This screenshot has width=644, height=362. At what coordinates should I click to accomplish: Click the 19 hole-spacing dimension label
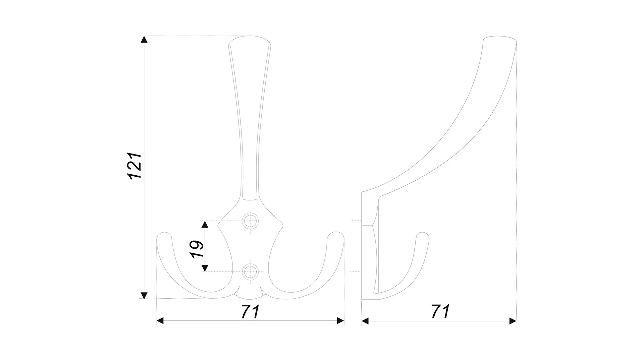point(197,249)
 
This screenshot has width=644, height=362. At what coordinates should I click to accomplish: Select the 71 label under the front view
point(250,311)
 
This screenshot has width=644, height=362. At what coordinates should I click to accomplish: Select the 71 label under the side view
point(440,311)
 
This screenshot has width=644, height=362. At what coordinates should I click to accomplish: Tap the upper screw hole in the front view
point(250,221)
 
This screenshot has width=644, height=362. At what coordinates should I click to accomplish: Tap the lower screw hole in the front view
point(250,271)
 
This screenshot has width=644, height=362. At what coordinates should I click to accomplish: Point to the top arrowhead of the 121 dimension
point(144,39)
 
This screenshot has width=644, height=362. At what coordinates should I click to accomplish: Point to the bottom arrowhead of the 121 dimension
point(144,295)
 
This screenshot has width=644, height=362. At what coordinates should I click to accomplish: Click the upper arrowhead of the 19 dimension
point(205,225)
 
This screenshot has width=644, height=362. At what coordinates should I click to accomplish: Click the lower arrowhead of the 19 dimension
point(205,268)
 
